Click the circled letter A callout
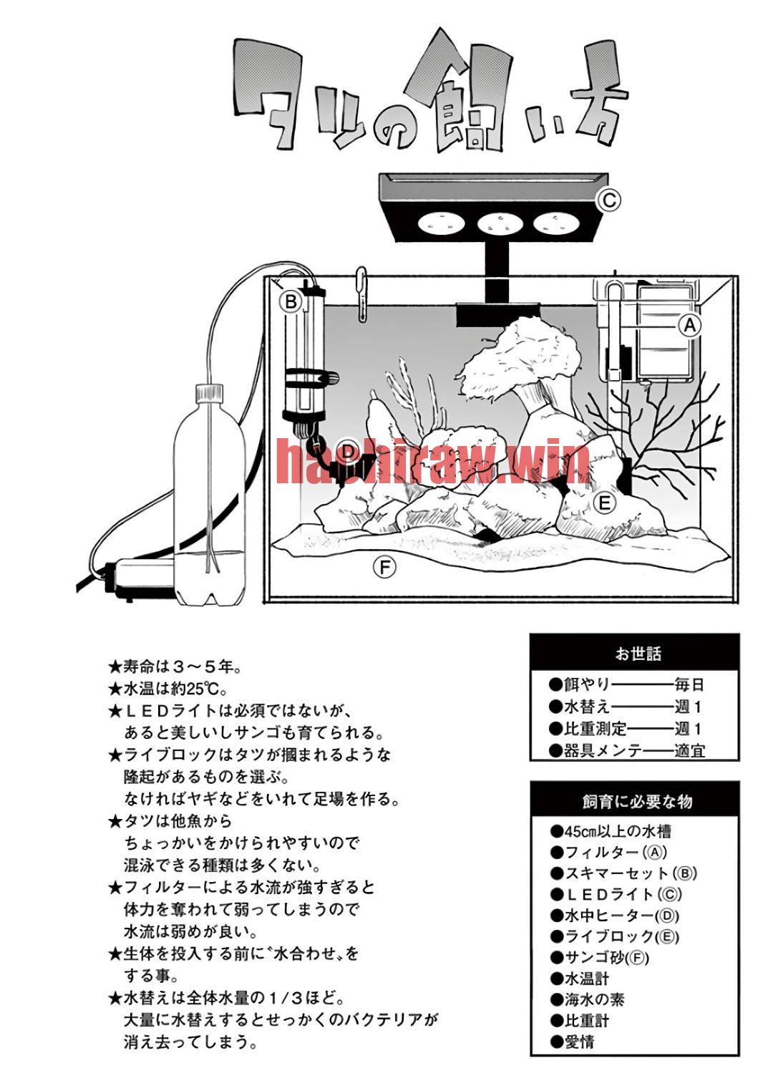click(690, 325)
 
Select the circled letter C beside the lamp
click(608, 200)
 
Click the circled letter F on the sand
click(384, 568)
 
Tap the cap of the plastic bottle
click(209, 393)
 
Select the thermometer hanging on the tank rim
click(361, 294)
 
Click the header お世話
click(638, 654)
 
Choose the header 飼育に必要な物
click(637, 802)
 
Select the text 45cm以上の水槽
click(611, 831)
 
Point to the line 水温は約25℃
click(167, 688)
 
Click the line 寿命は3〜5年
click(175, 666)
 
